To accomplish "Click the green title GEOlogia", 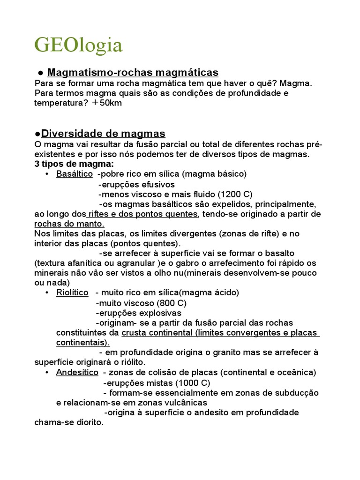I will tap(79, 45).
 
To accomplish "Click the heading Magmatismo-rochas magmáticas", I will tap(133, 72).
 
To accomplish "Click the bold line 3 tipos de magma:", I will tap(74, 164).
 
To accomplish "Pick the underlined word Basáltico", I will tap(75, 174).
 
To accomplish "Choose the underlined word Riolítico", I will tap(72, 292).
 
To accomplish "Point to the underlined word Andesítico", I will tap(77, 373).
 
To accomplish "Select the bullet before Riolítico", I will tap(47, 293).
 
